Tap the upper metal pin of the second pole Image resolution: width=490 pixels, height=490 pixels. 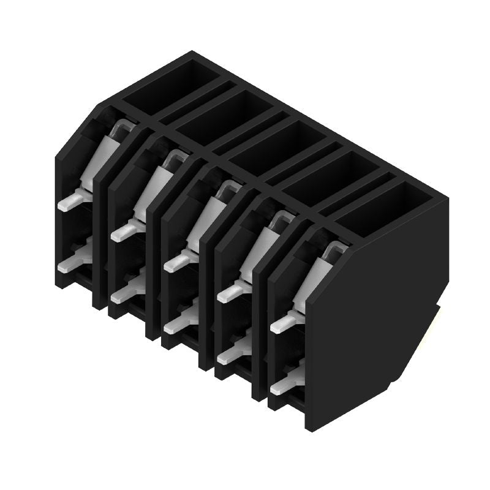pyautogui.click(x=124, y=231)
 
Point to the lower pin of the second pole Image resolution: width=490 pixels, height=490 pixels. pyautogui.click(x=124, y=294)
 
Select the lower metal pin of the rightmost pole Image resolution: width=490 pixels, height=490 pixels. pyautogui.click(x=284, y=383)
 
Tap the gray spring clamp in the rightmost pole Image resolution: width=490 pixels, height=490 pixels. pyautogui.click(x=316, y=276)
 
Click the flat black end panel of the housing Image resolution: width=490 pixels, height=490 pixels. pyautogui.click(x=377, y=312)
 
